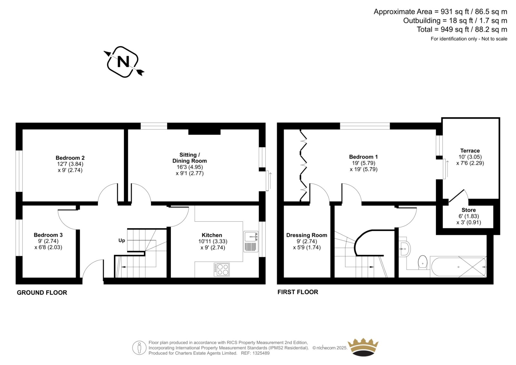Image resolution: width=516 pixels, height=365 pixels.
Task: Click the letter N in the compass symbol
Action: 123,62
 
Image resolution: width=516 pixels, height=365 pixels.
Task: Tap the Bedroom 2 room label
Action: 70,158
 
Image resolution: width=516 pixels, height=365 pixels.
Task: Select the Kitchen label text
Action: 212,235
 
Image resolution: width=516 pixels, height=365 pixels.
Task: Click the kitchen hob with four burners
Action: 222,269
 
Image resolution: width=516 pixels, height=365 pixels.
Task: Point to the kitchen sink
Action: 251,241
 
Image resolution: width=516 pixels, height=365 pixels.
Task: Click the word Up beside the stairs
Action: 122,240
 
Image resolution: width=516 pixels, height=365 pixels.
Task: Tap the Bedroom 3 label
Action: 48,235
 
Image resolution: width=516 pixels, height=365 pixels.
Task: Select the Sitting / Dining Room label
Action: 190,158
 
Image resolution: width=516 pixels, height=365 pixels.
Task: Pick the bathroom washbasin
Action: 404,249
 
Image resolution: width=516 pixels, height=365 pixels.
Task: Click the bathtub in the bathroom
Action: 458,267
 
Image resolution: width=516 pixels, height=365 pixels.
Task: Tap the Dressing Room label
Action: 307,235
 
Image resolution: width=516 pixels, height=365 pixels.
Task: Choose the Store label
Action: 469,210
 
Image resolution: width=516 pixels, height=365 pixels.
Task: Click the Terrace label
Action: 470,151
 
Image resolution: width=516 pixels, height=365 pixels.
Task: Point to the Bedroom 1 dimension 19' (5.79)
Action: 363,163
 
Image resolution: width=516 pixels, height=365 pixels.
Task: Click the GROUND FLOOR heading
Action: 42,293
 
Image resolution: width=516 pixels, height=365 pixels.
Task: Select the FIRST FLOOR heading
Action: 298,292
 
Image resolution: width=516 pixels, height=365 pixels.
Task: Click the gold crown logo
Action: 363,347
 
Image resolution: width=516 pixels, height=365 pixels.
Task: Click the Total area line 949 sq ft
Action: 462,29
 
